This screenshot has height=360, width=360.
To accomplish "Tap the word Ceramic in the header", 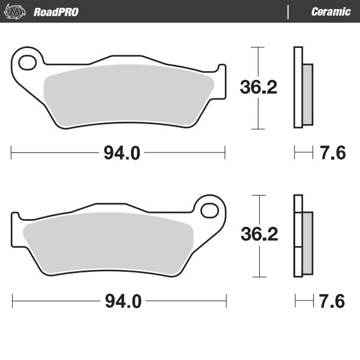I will point(331,12).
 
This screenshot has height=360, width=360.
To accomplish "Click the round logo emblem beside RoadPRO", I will point(17,11).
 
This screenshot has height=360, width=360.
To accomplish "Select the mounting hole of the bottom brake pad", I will point(209,210).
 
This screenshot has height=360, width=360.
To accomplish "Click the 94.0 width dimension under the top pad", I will point(122,154).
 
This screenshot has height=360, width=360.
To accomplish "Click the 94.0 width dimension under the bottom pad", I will point(123,301).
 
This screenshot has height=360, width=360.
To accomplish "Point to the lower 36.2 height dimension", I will point(259,235).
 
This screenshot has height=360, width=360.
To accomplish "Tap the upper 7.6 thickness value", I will point(332,154).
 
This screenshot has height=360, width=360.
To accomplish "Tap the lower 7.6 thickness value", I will point(332,301).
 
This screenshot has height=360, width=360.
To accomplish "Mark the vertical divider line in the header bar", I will point(289,12).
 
